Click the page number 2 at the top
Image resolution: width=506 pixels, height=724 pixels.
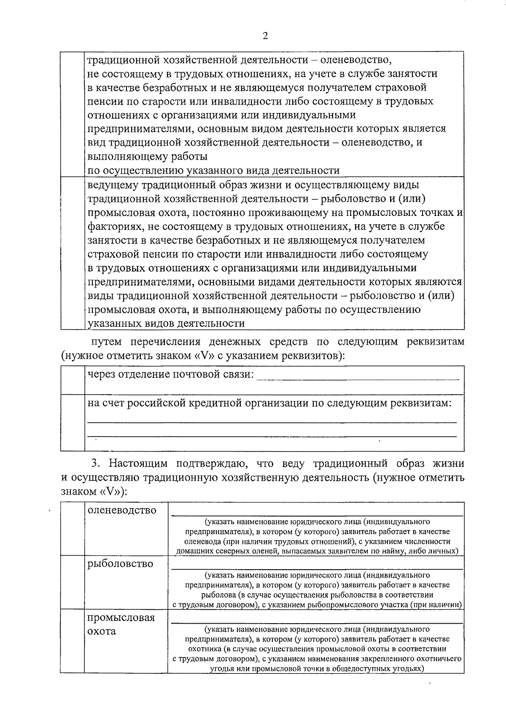tap(265, 35)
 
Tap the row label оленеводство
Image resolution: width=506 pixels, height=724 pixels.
tap(122, 510)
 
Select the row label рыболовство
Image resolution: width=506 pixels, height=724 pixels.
tap(120, 563)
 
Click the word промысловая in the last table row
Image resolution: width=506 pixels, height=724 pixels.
tap(121, 618)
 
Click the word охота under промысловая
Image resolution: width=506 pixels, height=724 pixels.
tap(102, 632)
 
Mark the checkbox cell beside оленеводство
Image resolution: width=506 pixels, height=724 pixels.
tap(73, 528)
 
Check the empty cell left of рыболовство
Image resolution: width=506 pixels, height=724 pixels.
tap(73, 582)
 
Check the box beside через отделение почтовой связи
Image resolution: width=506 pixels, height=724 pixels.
tap(73, 380)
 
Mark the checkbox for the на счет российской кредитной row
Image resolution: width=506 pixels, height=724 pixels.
tap(73, 423)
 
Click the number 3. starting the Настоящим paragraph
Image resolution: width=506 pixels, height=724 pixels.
tap(96, 464)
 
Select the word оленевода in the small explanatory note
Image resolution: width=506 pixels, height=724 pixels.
tap(202, 541)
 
